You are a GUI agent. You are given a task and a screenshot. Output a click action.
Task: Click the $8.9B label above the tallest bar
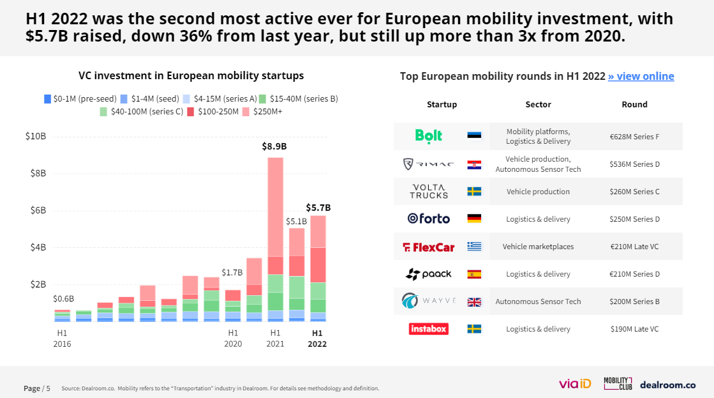(274, 146)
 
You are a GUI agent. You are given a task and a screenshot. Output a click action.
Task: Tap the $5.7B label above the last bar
(318, 208)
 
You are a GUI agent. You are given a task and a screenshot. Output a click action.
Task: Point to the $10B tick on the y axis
(36, 136)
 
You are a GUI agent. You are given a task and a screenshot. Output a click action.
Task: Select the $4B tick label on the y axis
(38, 247)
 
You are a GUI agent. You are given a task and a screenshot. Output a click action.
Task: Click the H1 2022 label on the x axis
(317, 338)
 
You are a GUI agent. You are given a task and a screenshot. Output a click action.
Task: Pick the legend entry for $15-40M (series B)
(300, 99)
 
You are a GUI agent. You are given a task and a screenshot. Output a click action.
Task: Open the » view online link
(641, 76)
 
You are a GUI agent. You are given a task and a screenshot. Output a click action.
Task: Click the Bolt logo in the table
(429, 135)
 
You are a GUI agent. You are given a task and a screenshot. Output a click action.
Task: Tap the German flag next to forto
(474, 218)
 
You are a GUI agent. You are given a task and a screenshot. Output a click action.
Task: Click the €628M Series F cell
(634, 136)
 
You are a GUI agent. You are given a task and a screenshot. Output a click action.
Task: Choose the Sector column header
(538, 104)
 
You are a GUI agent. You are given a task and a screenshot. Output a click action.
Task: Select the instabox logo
(429, 329)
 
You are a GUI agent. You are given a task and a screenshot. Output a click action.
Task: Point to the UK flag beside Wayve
(474, 302)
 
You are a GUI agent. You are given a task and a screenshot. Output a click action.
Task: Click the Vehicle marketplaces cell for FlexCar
(538, 247)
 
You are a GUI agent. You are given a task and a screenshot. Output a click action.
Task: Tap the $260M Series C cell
(634, 192)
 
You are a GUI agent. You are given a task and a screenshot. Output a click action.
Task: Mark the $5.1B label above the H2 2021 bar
(296, 222)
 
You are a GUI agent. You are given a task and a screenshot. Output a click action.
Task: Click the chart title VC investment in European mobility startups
(191, 75)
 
